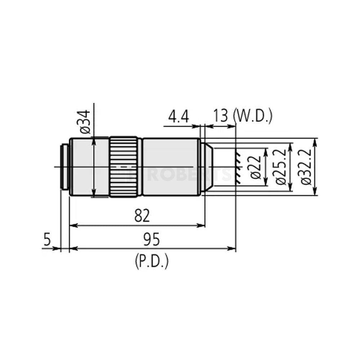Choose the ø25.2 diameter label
pos(281,167)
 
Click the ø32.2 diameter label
pos(306,167)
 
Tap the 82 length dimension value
pos(141,216)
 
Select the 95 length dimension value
pos(152,239)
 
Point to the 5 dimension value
pos(47,240)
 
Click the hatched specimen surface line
pos(237,167)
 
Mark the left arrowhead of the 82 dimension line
pos(72,226)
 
